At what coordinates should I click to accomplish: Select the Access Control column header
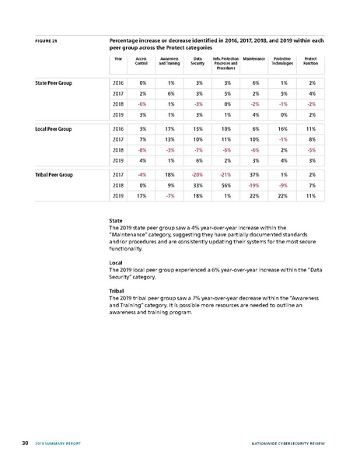click(142, 60)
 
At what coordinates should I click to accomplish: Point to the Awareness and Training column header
click(170, 60)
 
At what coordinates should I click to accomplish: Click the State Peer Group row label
click(54, 82)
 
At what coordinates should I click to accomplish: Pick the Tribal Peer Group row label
click(54, 175)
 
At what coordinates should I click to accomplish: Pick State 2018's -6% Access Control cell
click(142, 103)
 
